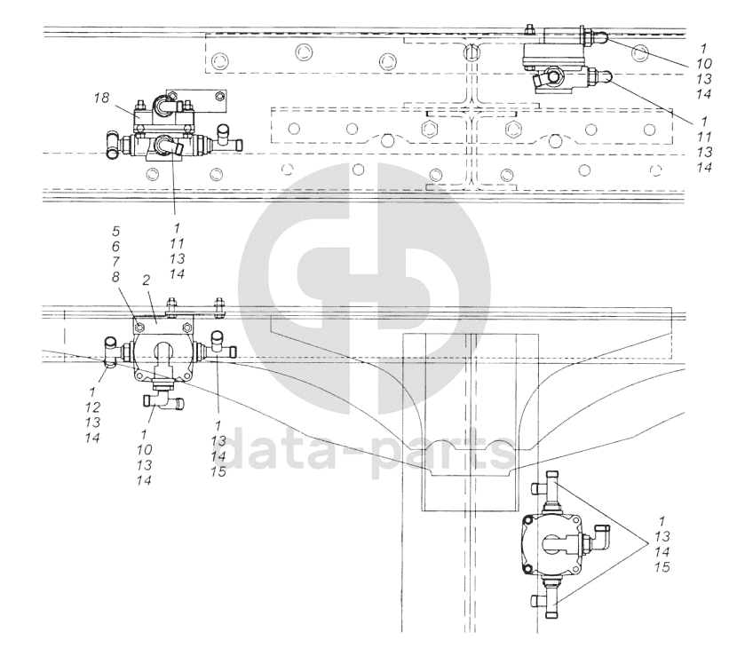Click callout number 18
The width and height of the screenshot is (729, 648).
(x=101, y=98)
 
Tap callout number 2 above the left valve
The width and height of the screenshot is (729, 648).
(x=146, y=281)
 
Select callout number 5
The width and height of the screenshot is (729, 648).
(x=115, y=231)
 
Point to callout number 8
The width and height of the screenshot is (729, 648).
(x=115, y=277)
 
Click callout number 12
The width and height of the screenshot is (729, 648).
(x=92, y=407)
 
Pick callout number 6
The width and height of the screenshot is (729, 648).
(x=115, y=246)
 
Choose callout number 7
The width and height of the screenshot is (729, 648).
(x=115, y=261)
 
